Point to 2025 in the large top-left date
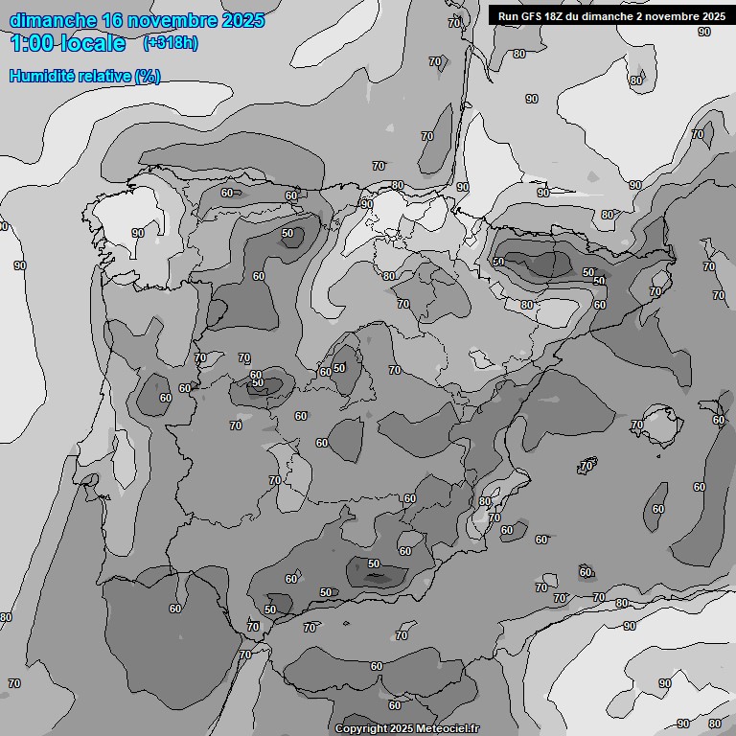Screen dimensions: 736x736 [241, 20]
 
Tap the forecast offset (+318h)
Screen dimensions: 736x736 [170, 43]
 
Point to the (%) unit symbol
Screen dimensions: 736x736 [148, 76]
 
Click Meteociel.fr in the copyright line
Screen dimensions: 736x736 [447, 728]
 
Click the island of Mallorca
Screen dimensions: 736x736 [659, 420]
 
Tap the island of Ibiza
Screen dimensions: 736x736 [586, 466]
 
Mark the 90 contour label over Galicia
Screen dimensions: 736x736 [138, 233]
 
